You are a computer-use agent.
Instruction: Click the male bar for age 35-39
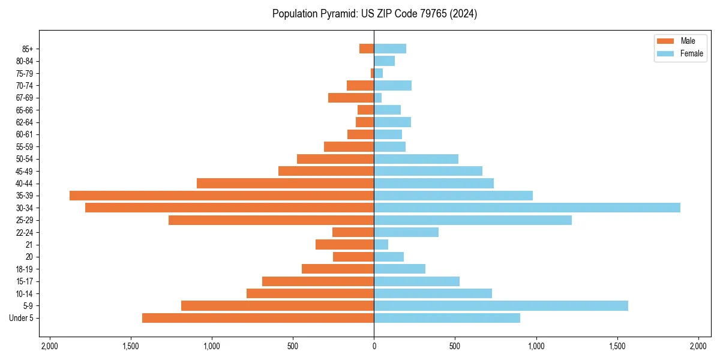222,196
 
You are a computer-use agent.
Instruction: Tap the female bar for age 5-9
501,306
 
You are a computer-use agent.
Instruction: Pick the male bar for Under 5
258,318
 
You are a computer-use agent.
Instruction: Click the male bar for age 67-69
351,98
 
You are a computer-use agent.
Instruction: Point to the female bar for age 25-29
473,220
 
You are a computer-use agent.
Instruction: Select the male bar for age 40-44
286,183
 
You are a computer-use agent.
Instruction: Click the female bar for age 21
381,245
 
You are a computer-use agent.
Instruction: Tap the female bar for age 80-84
384,61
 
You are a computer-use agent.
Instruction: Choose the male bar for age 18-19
338,269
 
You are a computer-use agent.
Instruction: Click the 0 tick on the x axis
374,346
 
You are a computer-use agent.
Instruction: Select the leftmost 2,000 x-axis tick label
49,346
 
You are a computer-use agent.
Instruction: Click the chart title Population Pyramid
374,14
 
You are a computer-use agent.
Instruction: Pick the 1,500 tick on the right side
617,346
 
